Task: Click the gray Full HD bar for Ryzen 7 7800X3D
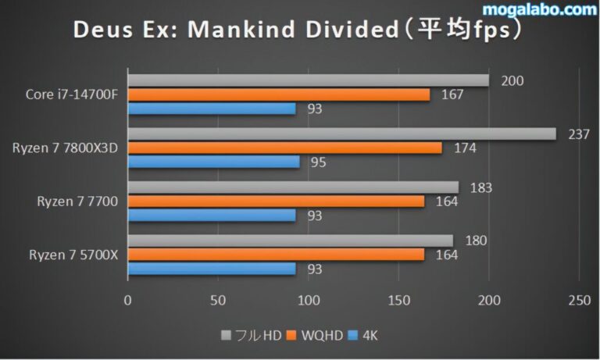pos(341,134)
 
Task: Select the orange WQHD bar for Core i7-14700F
pos(279,94)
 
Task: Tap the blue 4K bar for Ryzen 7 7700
pos(212,215)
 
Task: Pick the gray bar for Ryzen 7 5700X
pos(290,240)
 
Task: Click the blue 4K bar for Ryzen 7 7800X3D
pos(213,162)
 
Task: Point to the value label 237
pos(578,134)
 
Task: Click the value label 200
pos(512,80)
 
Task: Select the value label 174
pos(465,148)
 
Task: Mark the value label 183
pos(481,187)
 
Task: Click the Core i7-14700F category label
pos(72,94)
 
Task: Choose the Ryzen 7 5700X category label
pos(73,255)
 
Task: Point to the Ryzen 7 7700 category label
pos(77,201)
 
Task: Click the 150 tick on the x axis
pos(398,299)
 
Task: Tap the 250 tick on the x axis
pos(578,299)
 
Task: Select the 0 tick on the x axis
pos(128,299)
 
